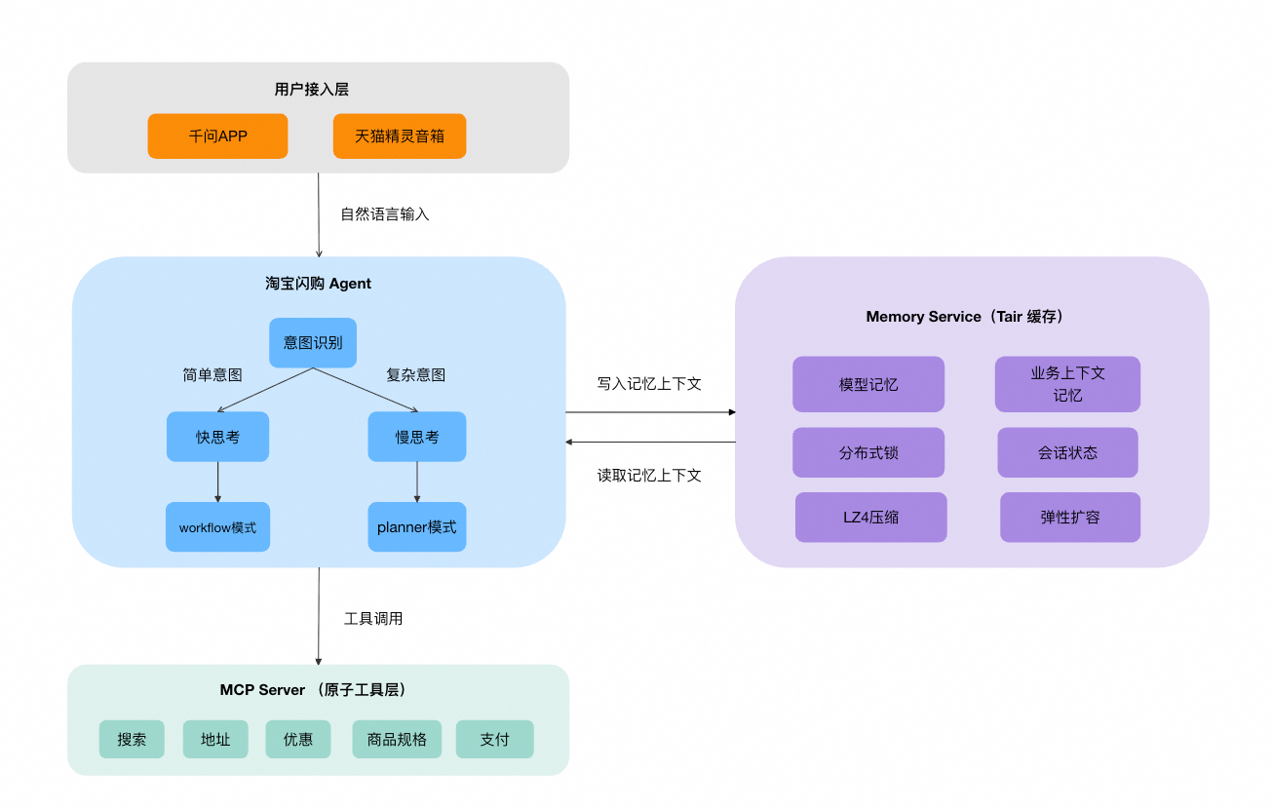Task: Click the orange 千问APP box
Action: (x=217, y=136)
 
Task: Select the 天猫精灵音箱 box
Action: (x=400, y=136)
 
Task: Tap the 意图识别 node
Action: (x=313, y=343)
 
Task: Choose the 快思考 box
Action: (x=217, y=437)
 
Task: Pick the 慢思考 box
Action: (x=417, y=437)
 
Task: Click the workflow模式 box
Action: (x=217, y=527)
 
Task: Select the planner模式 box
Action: (x=417, y=527)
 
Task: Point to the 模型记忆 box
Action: (x=868, y=384)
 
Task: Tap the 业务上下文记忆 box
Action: (x=1067, y=384)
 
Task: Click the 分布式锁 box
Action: (x=868, y=452)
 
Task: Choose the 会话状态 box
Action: (x=1067, y=452)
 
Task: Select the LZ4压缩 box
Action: (x=870, y=518)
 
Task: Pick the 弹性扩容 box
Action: (x=1069, y=518)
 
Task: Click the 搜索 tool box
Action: (x=132, y=739)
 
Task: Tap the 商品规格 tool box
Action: (x=397, y=739)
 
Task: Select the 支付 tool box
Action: (x=494, y=739)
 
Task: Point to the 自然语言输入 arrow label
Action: (x=384, y=214)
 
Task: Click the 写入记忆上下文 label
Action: (x=649, y=384)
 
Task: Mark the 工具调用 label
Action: (x=373, y=619)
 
